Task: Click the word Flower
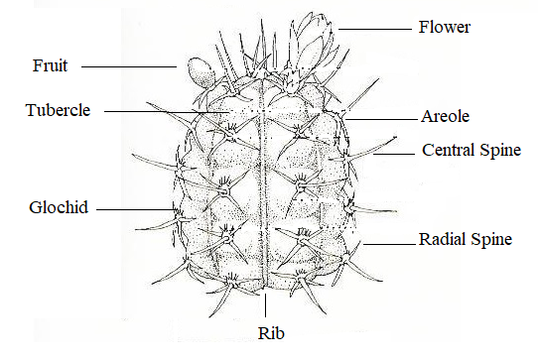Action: click(445, 28)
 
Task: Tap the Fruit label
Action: click(50, 67)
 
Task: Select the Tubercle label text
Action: click(58, 110)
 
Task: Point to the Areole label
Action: click(445, 116)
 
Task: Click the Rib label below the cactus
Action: click(268, 332)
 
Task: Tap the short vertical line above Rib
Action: click(267, 307)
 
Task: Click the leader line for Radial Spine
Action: click(388, 241)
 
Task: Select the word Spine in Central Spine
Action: click(502, 152)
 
